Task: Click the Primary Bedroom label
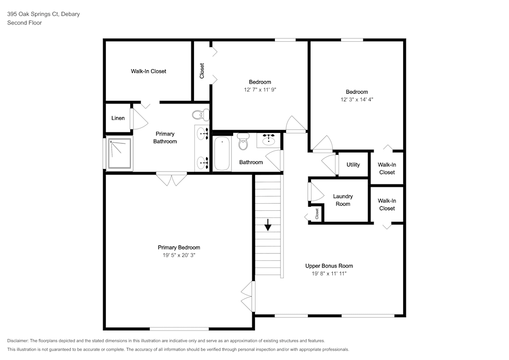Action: tap(179, 247)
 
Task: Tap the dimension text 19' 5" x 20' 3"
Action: tap(179, 255)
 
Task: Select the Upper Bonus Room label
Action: tap(329, 266)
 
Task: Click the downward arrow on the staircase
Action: tap(268, 225)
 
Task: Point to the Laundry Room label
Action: tap(343, 200)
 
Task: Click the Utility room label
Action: tap(353, 164)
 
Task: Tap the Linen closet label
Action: tap(118, 118)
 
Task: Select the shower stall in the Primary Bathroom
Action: tap(120, 154)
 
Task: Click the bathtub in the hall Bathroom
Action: tap(222, 153)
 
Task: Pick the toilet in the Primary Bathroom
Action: tap(200, 115)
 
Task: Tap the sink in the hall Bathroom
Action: tap(268, 141)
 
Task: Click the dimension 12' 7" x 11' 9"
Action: tap(260, 90)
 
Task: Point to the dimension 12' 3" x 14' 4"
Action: tap(357, 100)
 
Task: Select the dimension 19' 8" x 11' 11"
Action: tap(329, 273)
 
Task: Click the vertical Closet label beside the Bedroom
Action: tap(202, 71)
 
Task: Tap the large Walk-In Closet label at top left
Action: tap(148, 71)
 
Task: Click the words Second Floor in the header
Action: tap(24, 23)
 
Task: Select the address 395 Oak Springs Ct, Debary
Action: tap(43, 14)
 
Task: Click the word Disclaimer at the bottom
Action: tap(17, 341)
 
